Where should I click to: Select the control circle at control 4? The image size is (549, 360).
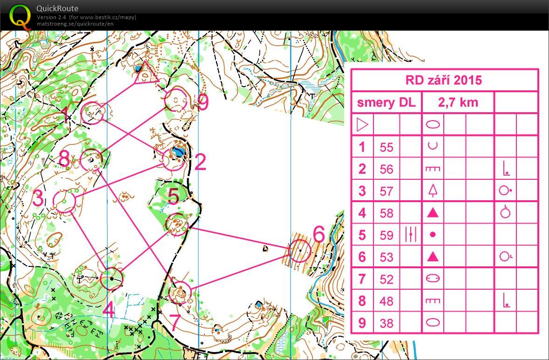(112, 279)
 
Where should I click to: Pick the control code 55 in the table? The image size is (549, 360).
(386, 147)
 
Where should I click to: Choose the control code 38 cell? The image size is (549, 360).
(386, 323)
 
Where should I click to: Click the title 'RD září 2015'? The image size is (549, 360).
(444, 80)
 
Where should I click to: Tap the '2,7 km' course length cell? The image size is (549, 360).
(458, 102)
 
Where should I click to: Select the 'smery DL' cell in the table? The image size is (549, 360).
(386, 102)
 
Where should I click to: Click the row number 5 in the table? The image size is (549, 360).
(362, 235)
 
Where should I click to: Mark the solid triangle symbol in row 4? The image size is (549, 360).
(433, 213)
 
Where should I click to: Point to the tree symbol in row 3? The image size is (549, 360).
(433, 190)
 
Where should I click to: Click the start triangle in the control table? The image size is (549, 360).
(362, 125)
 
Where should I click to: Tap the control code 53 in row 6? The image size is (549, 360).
(386, 257)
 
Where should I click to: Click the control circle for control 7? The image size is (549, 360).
(180, 292)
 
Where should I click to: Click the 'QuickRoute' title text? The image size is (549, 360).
(57, 8)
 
